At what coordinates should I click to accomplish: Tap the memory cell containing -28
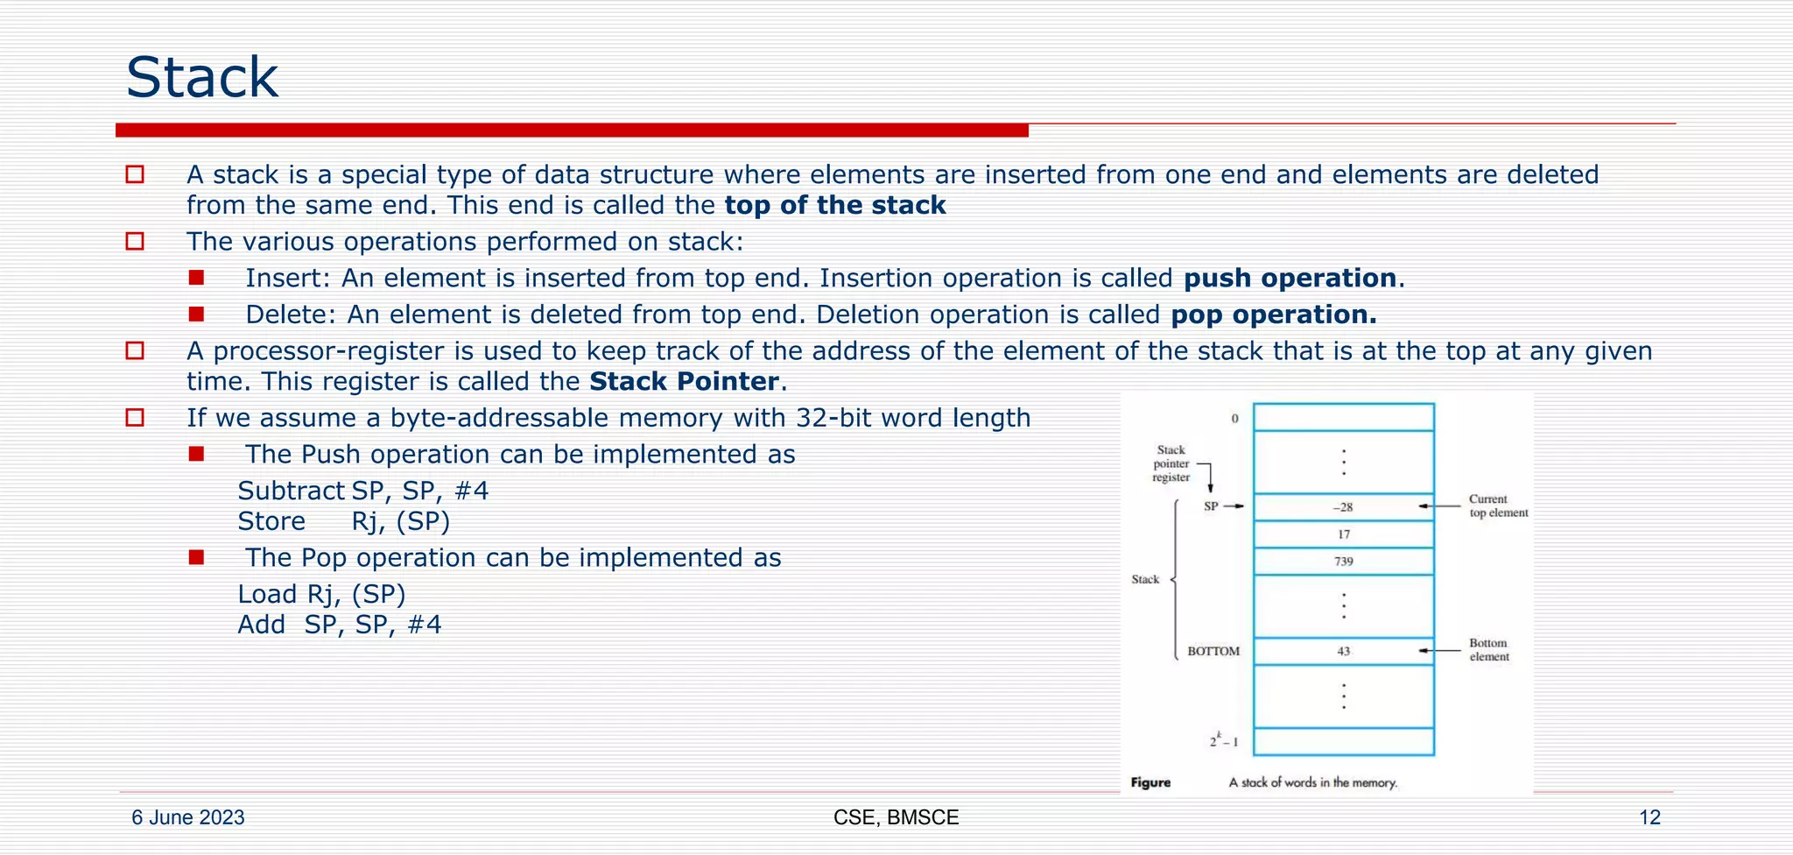coord(1343,507)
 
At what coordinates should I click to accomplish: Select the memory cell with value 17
coord(1343,534)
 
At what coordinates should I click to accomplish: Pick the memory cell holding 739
coord(1343,562)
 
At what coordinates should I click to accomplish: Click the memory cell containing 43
coord(1343,651)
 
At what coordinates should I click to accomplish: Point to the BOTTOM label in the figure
coord(1213,651)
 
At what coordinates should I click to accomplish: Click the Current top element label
coord(1498,506)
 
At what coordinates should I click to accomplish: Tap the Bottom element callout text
coord(1488,650)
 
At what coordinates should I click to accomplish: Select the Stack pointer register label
coord(1171,463)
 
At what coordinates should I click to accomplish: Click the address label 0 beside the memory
coord(1235,419)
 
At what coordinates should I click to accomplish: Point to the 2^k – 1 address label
coord(1224,741)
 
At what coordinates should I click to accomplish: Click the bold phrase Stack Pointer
coord(684,382)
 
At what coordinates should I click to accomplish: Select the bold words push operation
coord(1290,279)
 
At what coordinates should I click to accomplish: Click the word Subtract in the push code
coord(291,491)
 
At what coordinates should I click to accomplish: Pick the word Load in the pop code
coord(267,594)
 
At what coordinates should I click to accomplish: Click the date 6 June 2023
coord(188,817)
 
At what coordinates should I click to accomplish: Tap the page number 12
coord(1649,817)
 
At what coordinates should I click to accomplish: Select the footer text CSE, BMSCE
coord(896,817)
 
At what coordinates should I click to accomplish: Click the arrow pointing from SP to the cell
coord(1233,506)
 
